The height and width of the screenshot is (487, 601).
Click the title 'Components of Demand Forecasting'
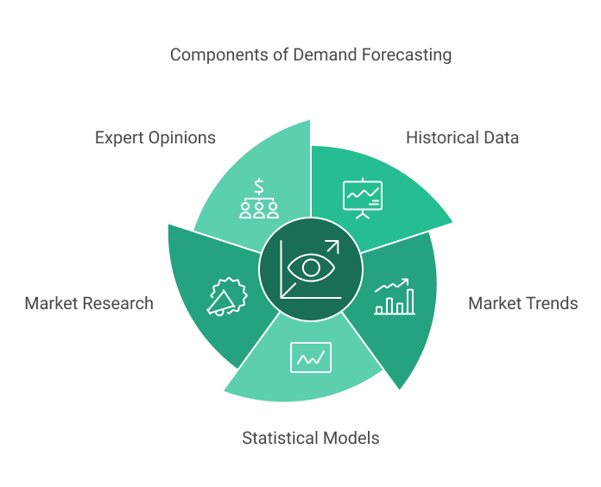(310, 54)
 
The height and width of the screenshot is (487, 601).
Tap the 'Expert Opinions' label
(155, 137)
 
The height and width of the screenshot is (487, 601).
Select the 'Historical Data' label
(462, 137)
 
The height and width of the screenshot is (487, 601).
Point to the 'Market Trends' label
(522, 303)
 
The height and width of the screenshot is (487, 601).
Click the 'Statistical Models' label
(310, 438)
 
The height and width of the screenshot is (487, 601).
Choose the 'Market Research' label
(89, 303)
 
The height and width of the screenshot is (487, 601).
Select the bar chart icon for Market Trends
(394, 296)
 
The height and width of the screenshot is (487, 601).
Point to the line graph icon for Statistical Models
(310, 356)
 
